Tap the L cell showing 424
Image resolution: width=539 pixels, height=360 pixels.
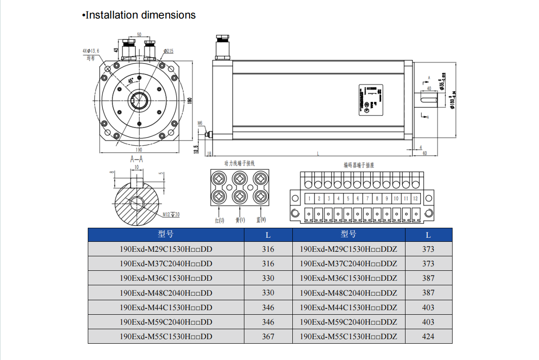tap(428, 336)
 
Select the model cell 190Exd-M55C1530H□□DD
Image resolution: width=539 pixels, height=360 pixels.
tap(166, 336)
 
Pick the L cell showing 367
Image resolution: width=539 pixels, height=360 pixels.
tap(268, 336)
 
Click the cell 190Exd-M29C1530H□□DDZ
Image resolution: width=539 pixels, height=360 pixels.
tap(348, 249)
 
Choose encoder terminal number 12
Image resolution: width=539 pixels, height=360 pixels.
tap(415, 198)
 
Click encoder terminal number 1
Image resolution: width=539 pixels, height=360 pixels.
tap(310, 198)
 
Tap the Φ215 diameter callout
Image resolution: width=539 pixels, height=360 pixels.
tap(168, 51)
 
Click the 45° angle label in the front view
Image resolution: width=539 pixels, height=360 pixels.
tap(131, 80)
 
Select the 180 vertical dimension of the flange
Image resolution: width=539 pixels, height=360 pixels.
tap(191, 101)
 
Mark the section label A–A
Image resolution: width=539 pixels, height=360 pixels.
tap(137, 159)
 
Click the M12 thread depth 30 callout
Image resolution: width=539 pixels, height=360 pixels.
tap(171, 214)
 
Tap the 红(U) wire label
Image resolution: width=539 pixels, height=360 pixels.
tap(219, 221)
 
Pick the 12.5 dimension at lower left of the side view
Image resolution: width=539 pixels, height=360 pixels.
tap(196, 148)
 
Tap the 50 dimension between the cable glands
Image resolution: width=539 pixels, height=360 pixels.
tap(139, 35)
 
